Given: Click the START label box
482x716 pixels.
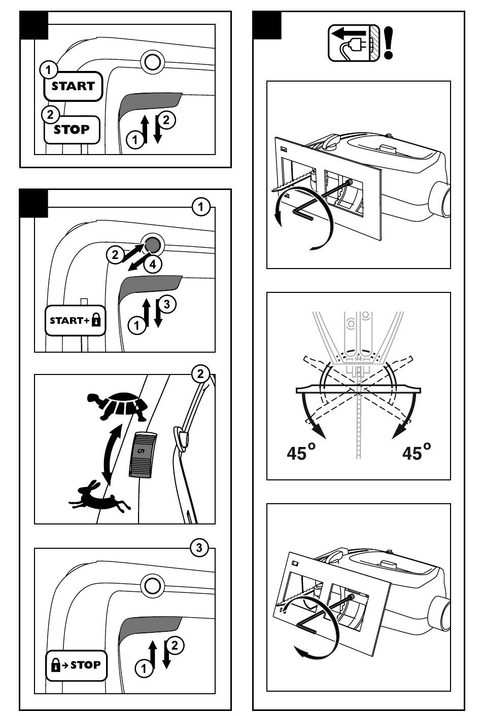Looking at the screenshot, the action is [x=73, y=86].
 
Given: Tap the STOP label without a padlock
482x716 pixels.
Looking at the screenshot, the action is [x=72, y=129].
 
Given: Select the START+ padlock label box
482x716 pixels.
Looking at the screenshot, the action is [x=75, y=321].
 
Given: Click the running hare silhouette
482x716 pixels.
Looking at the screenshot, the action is [x=99, y=496].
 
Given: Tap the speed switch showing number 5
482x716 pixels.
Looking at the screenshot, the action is [x=143, y=455].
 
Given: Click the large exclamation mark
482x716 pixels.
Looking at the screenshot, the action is [x=388, y=43].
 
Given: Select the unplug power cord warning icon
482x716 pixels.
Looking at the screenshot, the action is [x=354, y=43].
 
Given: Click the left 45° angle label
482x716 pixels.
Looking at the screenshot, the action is [x=301, y=452].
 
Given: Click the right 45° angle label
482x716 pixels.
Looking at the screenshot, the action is [x=417, y=452].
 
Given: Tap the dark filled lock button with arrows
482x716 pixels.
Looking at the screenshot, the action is [x=153, y=245].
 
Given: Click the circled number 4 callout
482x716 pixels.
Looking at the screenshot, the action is [x=153, y=265].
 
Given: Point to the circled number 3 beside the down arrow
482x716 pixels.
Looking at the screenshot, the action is [x=167, y=304].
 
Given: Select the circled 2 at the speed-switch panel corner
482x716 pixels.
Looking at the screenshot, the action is [x=200, y=373].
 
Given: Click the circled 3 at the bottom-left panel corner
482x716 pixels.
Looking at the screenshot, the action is [x=199, y=548].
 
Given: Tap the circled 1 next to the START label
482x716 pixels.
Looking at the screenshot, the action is [x=48, y=70].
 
